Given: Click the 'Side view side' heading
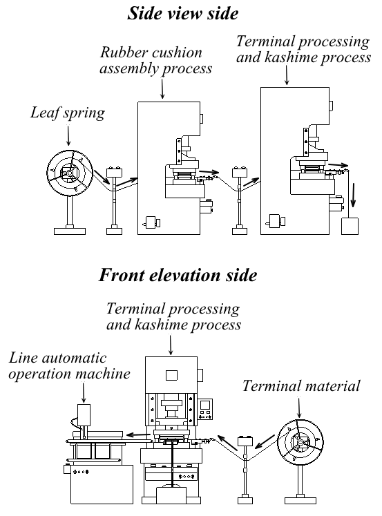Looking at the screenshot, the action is [182, 14].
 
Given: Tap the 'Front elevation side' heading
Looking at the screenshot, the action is [178, 275].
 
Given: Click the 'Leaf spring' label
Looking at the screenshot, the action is [68, 113].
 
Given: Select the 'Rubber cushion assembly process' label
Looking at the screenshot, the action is [155, 61].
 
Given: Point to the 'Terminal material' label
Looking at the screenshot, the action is [301, 386].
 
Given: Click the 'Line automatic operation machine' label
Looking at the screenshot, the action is [70, 366].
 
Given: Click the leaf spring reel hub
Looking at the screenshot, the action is [70, 173].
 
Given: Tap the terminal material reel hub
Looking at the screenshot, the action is [300, 442].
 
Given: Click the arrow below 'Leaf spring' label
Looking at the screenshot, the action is [68, 135].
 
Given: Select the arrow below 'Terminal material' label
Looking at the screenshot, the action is [299, 408].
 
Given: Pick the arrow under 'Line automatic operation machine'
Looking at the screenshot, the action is [84, 392].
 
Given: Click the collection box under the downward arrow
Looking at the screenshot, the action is [350, 226].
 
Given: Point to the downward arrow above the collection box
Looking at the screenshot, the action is [353, 195].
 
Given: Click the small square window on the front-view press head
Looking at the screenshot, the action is [171, 375].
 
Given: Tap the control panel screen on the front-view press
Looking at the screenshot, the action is [206, 405].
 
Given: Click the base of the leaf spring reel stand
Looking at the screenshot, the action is [70, 231].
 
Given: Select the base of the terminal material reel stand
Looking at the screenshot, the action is [300, 501].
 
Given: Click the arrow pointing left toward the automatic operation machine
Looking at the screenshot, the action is [139, 434].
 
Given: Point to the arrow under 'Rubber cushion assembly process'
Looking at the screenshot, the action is [162, 88].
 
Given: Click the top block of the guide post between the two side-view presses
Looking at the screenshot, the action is [240, 173].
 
